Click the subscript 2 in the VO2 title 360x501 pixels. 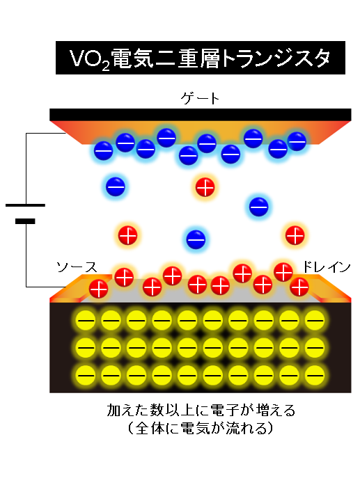[106, 66]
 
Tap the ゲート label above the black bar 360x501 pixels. [200, 98]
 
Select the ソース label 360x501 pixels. [77, 267]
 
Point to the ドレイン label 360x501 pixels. [326, 267]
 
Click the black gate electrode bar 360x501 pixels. [200, 115]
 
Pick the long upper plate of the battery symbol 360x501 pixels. [25, 205]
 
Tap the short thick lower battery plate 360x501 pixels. [25, 221]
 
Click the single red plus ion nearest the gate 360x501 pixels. [205, 187]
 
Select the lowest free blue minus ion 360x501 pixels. [196, 239]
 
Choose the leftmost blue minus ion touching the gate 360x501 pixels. [104, 150]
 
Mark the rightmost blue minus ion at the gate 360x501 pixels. [297, 141]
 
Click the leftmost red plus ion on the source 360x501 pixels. [98, 289]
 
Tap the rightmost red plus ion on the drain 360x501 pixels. [299, 287]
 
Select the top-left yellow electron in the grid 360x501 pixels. [86, 320]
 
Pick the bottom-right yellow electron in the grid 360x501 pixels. [315, 375]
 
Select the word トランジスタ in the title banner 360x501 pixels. [276, 58]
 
